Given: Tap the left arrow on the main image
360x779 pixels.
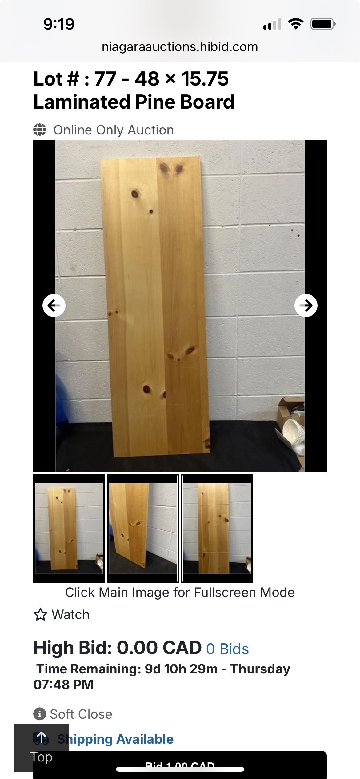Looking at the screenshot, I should click(54, 306).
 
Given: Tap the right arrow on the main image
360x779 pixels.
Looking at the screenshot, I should click(306, 306).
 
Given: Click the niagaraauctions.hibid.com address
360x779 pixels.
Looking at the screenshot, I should click(180, 47).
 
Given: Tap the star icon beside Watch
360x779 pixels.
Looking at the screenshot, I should click(40, 615).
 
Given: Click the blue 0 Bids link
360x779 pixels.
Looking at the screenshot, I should click(227, 649).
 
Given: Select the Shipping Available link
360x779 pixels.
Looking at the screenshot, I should click(115, 739).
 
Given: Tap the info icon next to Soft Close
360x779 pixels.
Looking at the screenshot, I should click(40, 714).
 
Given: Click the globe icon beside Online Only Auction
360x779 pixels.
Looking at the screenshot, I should click(40, 130).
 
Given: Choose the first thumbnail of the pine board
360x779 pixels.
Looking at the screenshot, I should click(69, 528).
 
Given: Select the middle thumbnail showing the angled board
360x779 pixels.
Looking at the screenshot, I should click(143, 528).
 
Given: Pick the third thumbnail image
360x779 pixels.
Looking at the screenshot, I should click(217, 528).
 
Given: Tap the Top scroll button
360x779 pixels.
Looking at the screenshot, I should click(42, 748).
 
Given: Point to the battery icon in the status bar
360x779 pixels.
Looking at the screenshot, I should click(322, 24).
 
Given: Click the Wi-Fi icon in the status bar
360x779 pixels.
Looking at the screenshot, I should click(296, 24).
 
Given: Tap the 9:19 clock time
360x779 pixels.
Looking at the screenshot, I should click(59, 24).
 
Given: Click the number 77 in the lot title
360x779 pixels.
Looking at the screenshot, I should click(105, 79).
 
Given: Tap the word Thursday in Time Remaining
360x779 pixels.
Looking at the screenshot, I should click(260, 669).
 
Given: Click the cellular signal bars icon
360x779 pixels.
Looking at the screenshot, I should click(272, 24).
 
